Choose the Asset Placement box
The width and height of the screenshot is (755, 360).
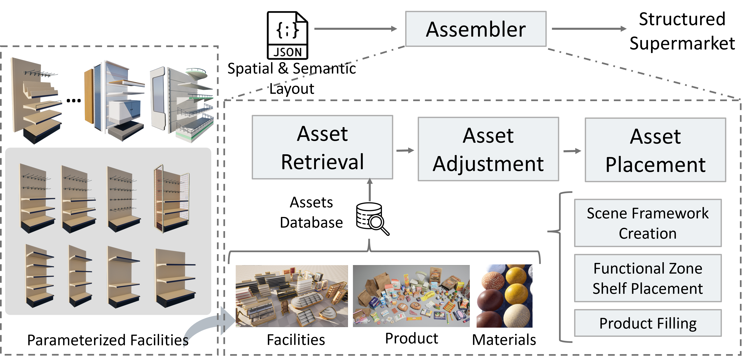coord(655,150)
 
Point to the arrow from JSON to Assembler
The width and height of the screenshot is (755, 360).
coord(355,29)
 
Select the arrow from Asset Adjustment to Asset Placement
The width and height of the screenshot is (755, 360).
coord(572,151)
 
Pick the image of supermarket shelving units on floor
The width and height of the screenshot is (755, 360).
coord(292,296)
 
